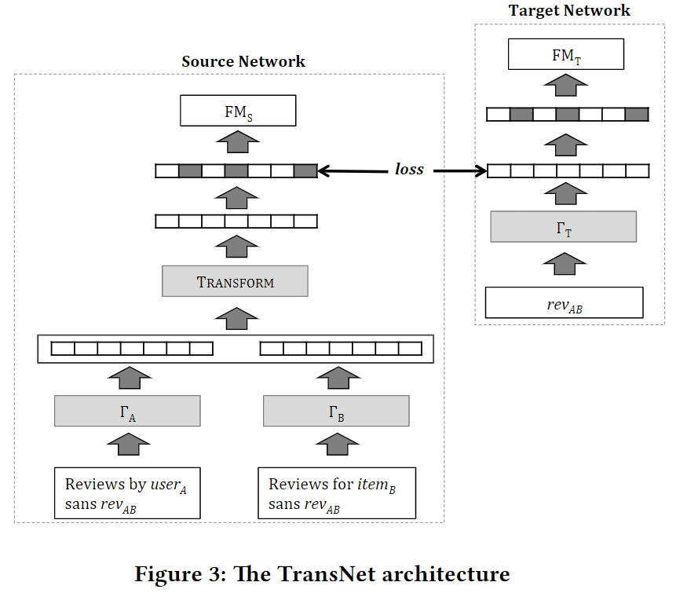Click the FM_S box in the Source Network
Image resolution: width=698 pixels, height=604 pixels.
tap(238, 111)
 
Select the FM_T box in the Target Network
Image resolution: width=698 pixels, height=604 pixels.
tap(566, 55)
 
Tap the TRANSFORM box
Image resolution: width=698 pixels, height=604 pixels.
tap(235, 281)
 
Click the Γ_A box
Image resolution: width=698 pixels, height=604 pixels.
tap(127, 411)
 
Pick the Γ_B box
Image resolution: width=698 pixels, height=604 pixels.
tap(336, 411)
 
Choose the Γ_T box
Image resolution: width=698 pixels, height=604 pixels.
tap(563, 227)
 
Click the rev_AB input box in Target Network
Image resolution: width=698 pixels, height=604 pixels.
tap(564, 302)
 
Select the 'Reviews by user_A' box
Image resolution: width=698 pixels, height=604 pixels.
tap(126, 493)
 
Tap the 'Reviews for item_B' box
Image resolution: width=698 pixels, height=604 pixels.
tap(336, 493)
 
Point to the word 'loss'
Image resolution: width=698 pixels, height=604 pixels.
tap(409, 170)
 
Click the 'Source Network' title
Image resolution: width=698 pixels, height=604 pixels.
tap(243, 61)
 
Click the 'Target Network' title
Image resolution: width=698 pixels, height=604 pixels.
tap(569, 11)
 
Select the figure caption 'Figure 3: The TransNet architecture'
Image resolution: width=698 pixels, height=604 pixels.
tap(322, 574)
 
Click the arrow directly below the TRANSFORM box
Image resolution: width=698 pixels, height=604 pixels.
tap(236, 317)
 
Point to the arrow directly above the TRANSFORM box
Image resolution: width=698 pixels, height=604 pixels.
tap(236, 246)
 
